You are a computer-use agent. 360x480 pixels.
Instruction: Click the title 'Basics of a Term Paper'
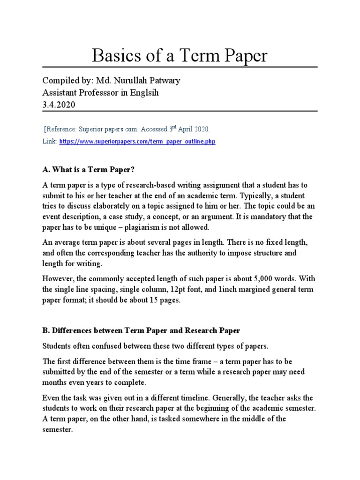[x=180, y=56]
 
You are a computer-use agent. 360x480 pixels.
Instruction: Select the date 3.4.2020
[x=58, y=105]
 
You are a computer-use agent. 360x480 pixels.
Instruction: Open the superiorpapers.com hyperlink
[x=137, y=142]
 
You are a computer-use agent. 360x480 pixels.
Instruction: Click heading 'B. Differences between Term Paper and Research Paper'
[x=141, y=330]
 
